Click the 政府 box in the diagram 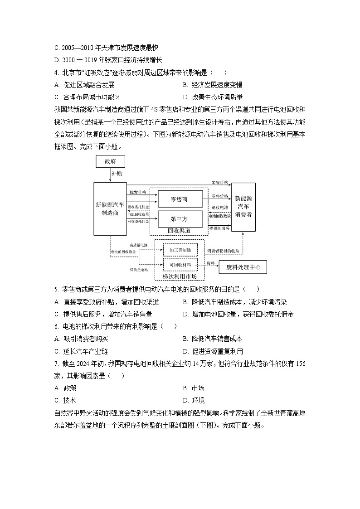pyautogui.click(x=110, y=161)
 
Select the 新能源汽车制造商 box pyautogui.click(x=110, y=208)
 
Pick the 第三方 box pyautogui.click(x=180, y=219)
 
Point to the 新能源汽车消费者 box pyautogui.click(x=243, y=207)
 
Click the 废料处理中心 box pyautogui.click(x=243, y=267)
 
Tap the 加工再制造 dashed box pyautogui.click(x=180, y=250)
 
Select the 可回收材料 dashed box pyautogui.click(x=180, y=265)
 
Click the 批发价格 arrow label pyautogui.click(x=138, y=192)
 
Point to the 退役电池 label pyautogui.click(x=220, y=207)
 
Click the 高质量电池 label pyautogui.click(x=138, y=245)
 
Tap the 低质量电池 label pyautogui.click(x=138, y=270)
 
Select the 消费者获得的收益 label pyautogui.click(x=223, y=251)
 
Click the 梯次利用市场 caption pyautogui.click(x=180, y=276)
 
